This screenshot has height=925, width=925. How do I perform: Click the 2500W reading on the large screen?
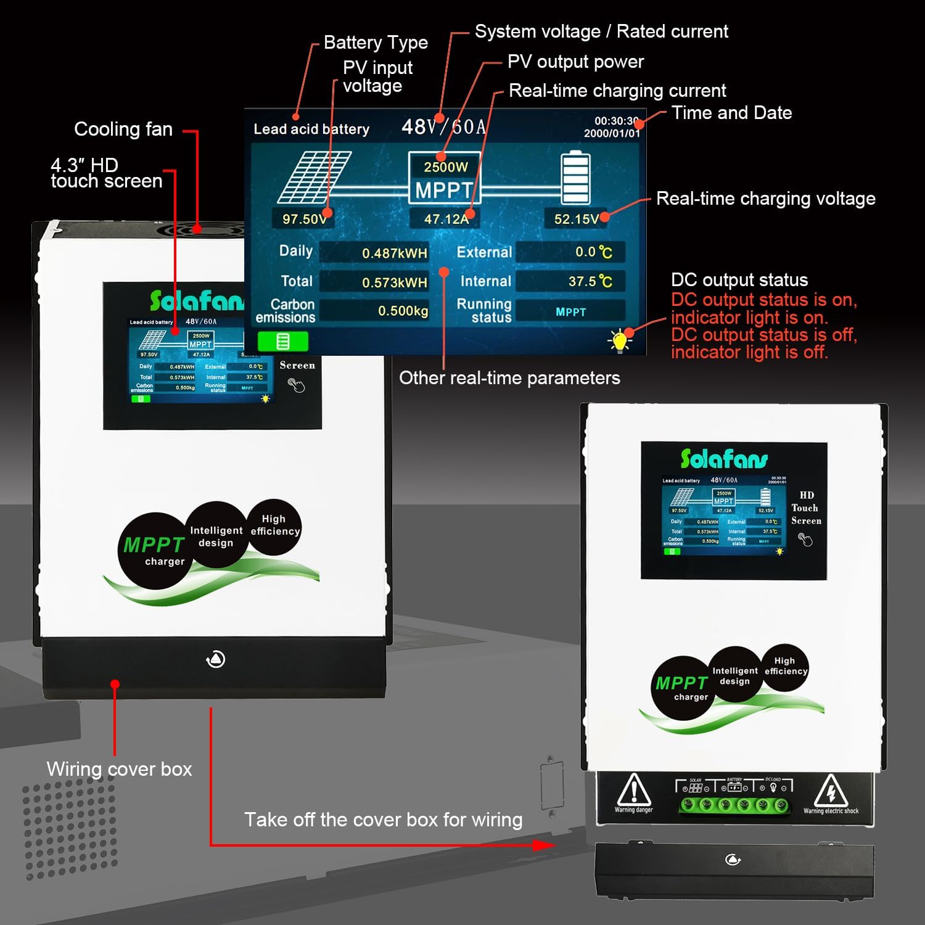tap(445, 166)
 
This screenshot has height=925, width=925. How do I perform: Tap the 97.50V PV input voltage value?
tap(304, 219)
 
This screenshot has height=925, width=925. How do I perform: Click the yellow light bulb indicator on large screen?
tap(620, 340)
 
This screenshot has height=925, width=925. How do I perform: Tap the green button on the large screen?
tap(282, 341)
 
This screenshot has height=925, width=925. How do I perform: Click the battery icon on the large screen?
tap(575, 177)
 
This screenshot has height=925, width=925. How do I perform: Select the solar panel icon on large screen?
tap(314, 177)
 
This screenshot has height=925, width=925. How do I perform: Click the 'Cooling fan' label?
tap(123, 129)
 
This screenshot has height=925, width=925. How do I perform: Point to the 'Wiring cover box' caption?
tap(119, 769)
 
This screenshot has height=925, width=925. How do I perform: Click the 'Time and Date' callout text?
tap(731, 113)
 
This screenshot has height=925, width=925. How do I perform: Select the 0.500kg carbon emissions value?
tap(403, 311)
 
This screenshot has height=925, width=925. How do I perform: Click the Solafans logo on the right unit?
tap(724, 459)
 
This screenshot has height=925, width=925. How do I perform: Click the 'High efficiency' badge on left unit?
tap(274, 525)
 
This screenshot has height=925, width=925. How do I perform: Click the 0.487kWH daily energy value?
tap(394, 253)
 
